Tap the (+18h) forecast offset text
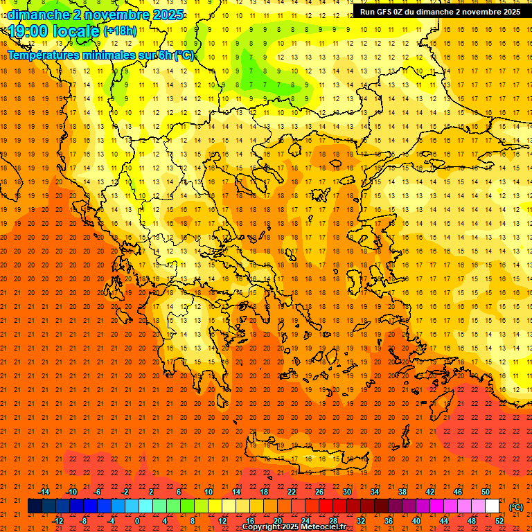click(x=120, y=31)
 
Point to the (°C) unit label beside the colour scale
click(x=515, y=507)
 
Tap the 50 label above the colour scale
click(x=485, y=492)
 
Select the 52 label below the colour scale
click(x=499, y=520)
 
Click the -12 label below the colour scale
click(x=57, y=520)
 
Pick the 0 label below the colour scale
click(x=137, y=520)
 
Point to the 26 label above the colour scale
click(x=319, y=492)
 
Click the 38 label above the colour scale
click(x=402, y=492)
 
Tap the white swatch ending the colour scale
click(x=492, y=506)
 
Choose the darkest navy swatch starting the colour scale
click(x=35, y=506)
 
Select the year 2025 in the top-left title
click(x=167, y=15)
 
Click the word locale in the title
click(x=74, y=31)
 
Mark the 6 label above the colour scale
click(x=179, y=492)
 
